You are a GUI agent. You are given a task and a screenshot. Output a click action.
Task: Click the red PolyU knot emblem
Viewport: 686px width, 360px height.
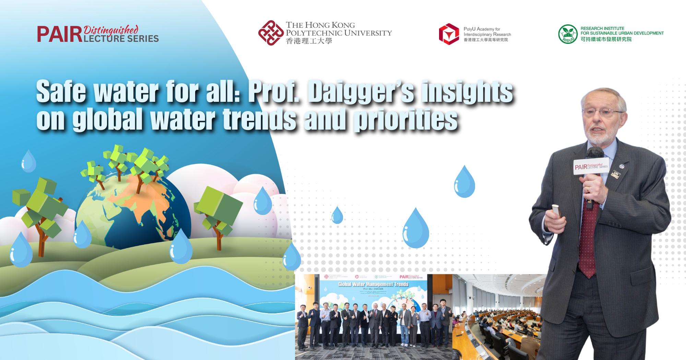tap(271, 33)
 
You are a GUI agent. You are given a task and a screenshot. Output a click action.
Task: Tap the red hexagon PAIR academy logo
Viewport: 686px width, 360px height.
tap(449, 34)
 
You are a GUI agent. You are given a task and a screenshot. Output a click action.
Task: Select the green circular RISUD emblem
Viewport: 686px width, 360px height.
tap(568, 34)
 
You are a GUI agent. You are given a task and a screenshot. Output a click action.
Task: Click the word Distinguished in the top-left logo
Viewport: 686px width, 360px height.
tap(111, 30)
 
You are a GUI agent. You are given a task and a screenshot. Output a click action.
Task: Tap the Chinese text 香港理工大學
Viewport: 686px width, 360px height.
tap(309, 41)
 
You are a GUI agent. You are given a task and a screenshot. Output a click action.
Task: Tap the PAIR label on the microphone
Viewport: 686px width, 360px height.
tap(581, 167)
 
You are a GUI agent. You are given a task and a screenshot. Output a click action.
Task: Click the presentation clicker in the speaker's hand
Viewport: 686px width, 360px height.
tap(556, 210)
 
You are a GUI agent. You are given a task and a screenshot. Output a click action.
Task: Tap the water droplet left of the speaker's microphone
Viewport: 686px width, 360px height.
tap(464, 182)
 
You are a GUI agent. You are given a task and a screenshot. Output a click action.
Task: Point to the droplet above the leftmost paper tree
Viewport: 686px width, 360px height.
tap(28, 161)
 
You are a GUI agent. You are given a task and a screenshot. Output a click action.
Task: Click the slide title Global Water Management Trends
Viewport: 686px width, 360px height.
tap(373, 284)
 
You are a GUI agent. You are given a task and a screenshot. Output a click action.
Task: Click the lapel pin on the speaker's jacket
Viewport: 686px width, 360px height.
tap(622, 166)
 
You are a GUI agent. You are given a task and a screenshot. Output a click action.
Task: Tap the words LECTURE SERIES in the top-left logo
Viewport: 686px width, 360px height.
tap(121, 39)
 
